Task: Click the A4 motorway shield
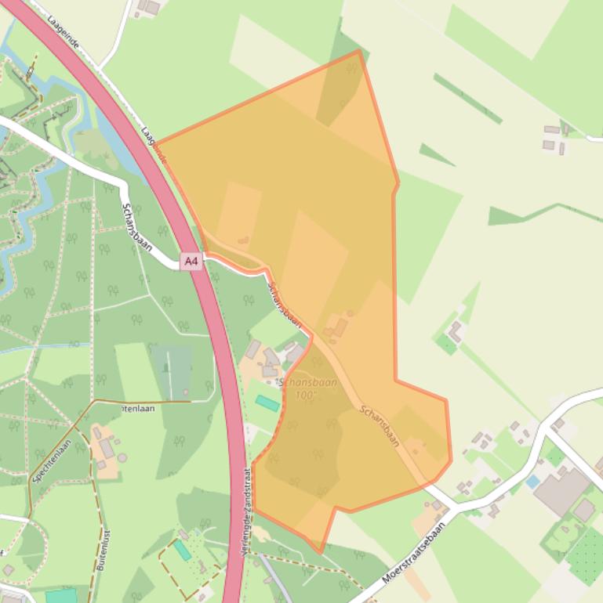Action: pos(191,261)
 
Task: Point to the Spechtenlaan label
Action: pos(51,460)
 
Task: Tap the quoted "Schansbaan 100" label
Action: pos(307,389)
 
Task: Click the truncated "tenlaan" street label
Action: pos(139,408)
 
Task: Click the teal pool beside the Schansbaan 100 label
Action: pos(267,403)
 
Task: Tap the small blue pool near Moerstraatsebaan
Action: pos(533,481)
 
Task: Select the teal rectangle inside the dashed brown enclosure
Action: pos(182,551)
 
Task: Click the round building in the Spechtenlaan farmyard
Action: pos(96,432)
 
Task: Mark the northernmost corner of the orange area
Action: pos(359,51)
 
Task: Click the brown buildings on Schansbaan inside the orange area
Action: pos(336,328)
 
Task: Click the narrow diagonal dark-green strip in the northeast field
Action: pos(467,99)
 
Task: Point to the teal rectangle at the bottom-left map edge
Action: pos(61,596)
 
